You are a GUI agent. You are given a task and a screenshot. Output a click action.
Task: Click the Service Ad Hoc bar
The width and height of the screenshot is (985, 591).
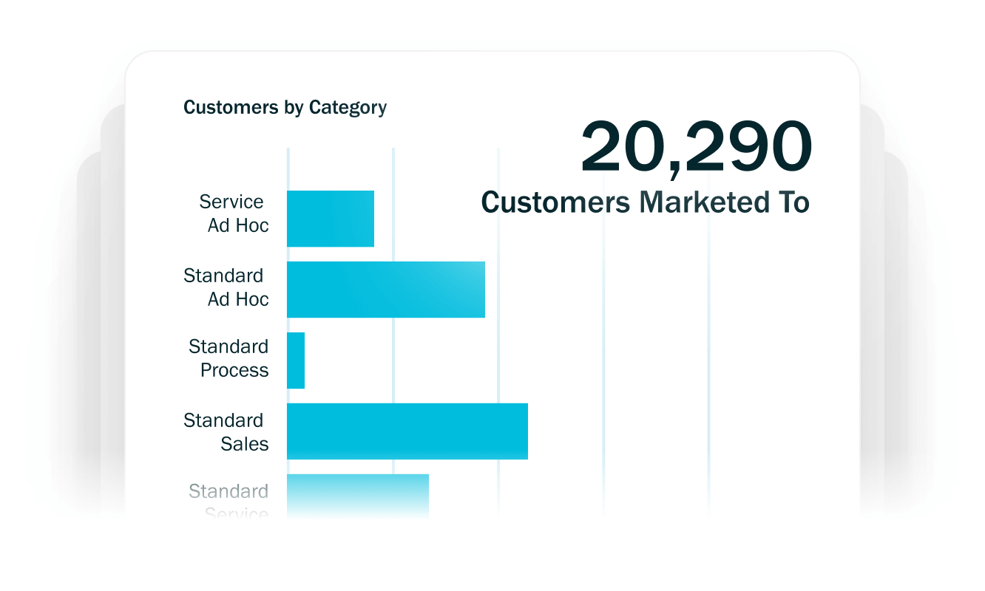point(331,219)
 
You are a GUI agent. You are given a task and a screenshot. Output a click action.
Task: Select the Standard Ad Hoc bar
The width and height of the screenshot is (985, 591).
point(386,290)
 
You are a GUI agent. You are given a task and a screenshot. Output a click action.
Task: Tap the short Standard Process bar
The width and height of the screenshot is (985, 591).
point(296,361)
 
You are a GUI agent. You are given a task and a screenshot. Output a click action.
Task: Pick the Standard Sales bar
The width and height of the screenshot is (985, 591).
point(407,431)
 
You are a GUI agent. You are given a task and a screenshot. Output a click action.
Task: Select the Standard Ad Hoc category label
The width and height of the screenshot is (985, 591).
point(226,287)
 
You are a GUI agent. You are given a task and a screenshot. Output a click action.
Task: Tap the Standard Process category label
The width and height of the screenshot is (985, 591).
point(229,358)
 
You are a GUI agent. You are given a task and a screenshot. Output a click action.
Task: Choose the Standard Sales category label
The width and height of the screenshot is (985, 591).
point(226,432)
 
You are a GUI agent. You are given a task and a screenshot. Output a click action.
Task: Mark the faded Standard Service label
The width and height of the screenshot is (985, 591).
point(229,502)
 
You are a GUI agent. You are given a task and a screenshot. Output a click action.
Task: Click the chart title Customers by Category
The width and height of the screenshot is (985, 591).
point(285,108)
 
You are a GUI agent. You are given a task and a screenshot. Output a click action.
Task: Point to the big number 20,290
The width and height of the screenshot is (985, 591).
point(696,148)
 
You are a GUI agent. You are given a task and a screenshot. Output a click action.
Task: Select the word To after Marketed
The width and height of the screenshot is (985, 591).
point(791,202)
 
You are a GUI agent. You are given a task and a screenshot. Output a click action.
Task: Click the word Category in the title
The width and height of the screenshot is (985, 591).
point(348,108)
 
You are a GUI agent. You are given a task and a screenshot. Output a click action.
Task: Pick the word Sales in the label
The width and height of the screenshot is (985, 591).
point(245,444)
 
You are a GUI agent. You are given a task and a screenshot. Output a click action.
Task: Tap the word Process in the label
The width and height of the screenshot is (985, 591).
point(234,370)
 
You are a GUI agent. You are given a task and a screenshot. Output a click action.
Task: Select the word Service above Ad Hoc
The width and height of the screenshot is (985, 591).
point(231,202)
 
